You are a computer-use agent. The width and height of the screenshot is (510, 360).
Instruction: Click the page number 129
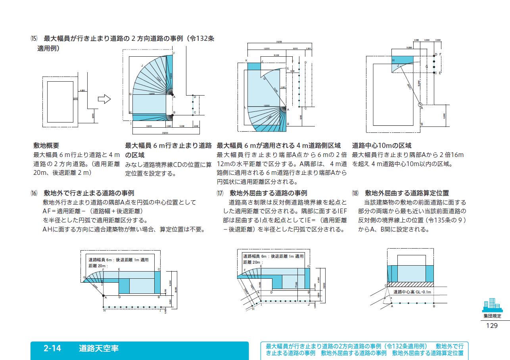(x=491, y=326)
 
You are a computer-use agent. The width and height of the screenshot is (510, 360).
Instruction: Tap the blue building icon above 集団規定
(x=492, y=305)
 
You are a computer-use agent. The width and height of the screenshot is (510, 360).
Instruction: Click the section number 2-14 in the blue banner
(x=52, y=349)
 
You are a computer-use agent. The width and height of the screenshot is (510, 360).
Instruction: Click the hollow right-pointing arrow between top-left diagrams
(x=104, y=100)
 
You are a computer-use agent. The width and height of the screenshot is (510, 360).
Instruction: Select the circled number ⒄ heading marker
(x=220, y=193)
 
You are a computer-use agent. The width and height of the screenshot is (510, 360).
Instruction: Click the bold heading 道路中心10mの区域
(x=382, y=146)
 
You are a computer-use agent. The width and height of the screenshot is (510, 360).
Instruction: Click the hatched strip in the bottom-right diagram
(x=410, y=284)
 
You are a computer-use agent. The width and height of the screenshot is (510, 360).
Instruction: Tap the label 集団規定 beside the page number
(x=492, y=316)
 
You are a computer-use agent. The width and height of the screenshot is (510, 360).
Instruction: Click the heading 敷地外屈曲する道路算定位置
(x=407, y=193)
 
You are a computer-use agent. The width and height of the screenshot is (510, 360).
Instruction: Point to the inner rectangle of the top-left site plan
(x=60, y=102)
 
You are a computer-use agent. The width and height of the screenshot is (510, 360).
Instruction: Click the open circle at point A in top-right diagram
(x=420, y=105)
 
